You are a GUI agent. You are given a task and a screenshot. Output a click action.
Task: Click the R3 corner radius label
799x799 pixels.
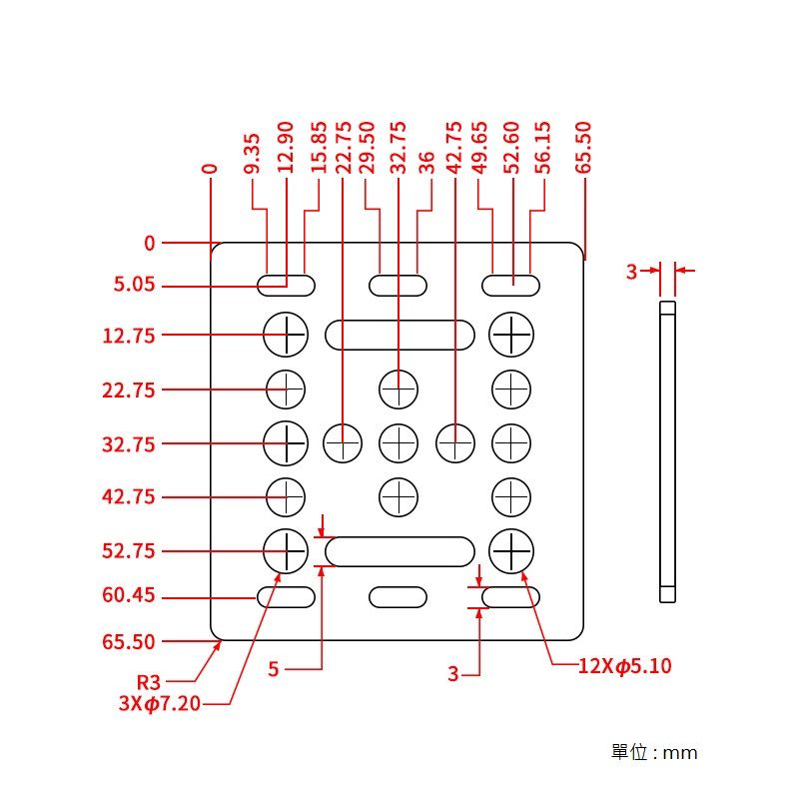click(148, 682)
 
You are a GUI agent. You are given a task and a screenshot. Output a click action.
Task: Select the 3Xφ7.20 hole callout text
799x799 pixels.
click(159, 703)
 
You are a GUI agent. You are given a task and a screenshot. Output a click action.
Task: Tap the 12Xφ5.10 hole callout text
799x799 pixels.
click(624, 666)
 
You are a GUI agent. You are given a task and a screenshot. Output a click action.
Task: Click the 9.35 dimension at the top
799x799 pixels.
click(252, 154)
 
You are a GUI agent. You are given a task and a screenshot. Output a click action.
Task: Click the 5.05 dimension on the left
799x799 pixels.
click(134, 286)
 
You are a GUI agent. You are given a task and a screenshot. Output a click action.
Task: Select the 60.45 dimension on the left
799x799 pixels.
click(129, 596)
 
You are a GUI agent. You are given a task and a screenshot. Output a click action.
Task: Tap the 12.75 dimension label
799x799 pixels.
click(129, 336)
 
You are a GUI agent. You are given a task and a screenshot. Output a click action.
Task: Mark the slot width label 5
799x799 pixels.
click(274, 669)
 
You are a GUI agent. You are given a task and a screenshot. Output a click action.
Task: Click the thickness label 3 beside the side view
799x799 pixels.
click(631, 271)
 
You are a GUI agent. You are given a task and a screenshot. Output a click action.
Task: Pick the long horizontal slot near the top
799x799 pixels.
click(399, 335)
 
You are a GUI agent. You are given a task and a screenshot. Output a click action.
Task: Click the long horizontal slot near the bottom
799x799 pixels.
click(399, 551)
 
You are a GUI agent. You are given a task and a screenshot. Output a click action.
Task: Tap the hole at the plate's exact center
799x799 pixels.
click(399, 441)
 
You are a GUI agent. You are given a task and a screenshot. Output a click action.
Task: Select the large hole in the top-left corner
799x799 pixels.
click(286, 334)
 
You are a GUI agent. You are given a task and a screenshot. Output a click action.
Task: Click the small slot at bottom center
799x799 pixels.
click(399, 597)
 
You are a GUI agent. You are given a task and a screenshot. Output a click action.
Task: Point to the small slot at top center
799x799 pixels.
click(399, 286)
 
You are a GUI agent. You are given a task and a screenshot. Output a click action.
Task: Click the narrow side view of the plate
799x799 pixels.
click(668, 449)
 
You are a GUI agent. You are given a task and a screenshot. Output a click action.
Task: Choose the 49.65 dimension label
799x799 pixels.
click(479, 150)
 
